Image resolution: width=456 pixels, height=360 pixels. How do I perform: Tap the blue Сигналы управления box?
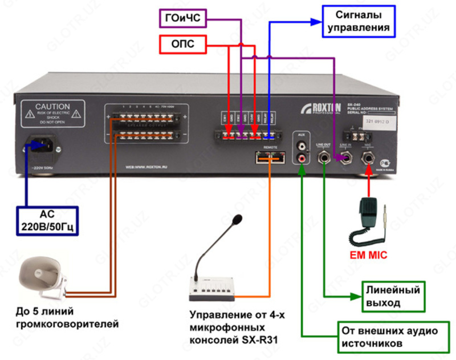point(359,21)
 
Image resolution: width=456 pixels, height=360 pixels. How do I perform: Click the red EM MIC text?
point(368,255)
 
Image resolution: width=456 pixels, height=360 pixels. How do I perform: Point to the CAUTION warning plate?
point(52,114)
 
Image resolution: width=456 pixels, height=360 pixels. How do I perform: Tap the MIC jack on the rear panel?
point(368,157)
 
